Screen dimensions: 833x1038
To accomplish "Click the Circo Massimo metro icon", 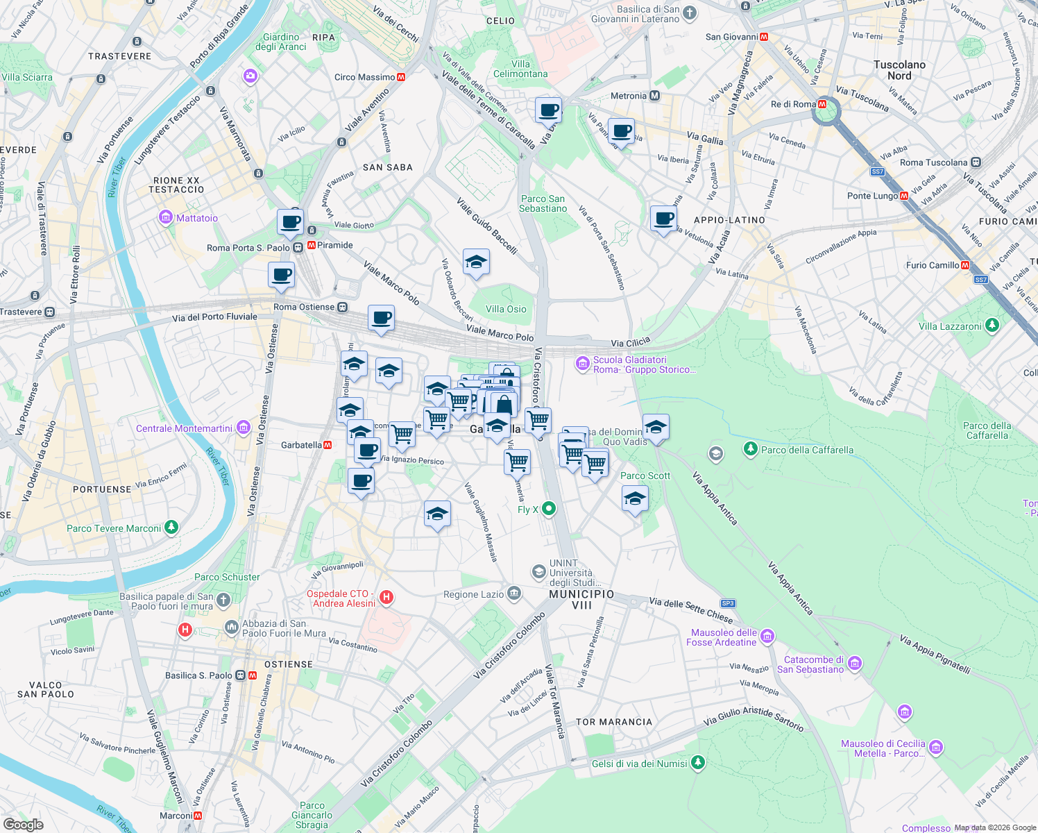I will (401, 77).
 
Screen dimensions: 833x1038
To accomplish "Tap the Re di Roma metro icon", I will (822, 104).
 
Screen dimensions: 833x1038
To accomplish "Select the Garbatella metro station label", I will (301, 445).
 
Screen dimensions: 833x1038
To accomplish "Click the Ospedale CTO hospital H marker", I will (387, 597).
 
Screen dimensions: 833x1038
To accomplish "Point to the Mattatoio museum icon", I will (165, 218).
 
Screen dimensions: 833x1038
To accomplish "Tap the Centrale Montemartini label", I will (184, 428).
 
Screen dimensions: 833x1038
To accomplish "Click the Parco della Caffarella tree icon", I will (750, 449).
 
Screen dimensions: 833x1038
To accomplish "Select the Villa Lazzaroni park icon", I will (992, 325).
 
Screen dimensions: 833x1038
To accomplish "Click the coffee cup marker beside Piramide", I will (290, 223).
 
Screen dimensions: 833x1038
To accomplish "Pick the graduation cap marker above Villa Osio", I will (476, 262).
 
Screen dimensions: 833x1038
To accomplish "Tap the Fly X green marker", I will (549, 509).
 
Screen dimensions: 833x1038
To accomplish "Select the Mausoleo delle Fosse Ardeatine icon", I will (767, 636).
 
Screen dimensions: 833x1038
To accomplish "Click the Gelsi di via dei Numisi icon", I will (698, 763).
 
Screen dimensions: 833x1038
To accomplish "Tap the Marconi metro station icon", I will (198, 816).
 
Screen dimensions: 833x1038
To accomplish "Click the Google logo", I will (23, 824).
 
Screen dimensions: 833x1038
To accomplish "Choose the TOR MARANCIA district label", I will (614, 722).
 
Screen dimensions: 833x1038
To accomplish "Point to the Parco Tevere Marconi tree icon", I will (171, 528).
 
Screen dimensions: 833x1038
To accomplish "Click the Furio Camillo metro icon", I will (965, 265).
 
